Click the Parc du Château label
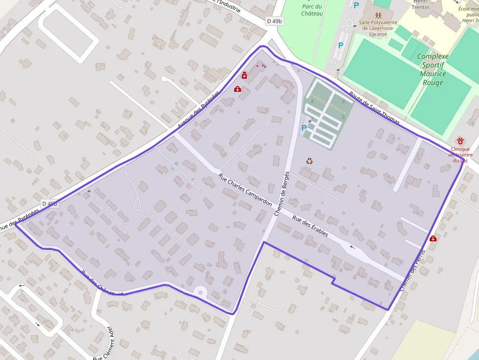coord(312,10)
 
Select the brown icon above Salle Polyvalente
coord(378,15)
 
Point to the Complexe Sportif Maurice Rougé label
coord(433,69)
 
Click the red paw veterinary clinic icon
coord(460,141)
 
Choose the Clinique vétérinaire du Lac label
coord(460,154)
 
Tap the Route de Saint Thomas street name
coord(374,107)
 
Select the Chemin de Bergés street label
coord(282,193)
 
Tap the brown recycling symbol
coord(309,161)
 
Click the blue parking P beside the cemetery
coord(304,128)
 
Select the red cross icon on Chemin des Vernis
coord(433,238)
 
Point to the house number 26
coord(472,110)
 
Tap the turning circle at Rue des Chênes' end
coord(200,292)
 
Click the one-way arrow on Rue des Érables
coord(352,247)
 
